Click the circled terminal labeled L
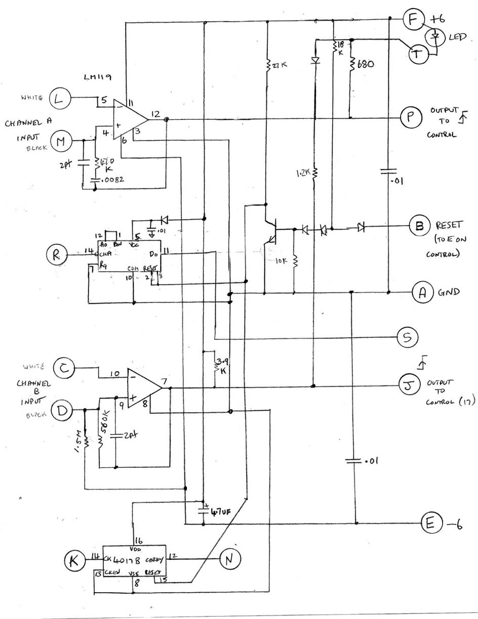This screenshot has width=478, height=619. point(59,99)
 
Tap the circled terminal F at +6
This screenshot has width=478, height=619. point(413,20)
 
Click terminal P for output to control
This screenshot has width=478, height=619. point(409,117)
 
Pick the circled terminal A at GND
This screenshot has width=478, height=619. point(421,292)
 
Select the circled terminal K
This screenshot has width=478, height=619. point(75,560)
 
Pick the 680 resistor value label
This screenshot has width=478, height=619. point(365,65)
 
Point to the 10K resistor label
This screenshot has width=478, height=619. point(281,261)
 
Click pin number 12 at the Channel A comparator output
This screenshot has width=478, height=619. point(155,115)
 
